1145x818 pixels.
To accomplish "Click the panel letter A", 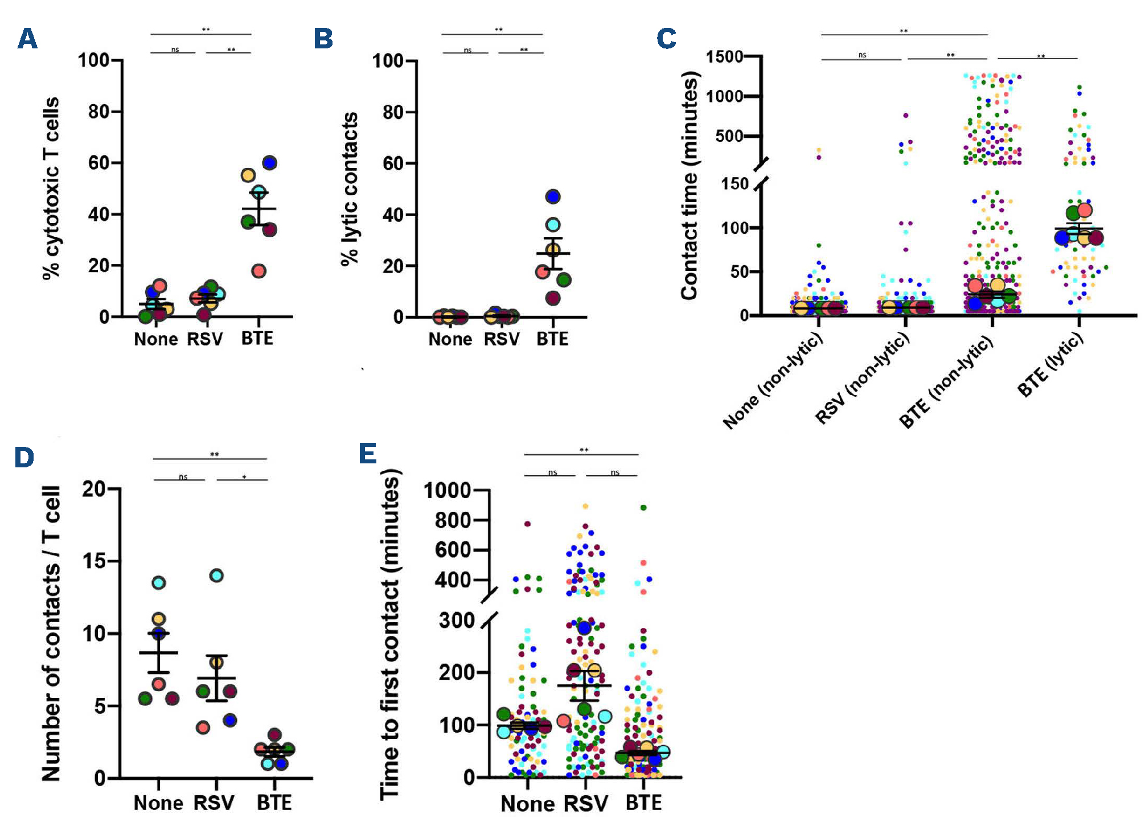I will coord(27,39).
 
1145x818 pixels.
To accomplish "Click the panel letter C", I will coord(666,39).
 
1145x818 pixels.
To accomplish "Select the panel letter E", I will coord(368,454).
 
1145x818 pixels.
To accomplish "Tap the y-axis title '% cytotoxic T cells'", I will coord(51,188).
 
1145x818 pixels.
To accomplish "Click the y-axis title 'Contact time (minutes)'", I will coord(690,186).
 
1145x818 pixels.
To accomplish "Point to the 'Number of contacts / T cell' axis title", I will coord(51,633).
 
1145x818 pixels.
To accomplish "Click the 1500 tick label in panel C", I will coord(724,56).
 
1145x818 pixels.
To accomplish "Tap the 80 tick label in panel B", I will coord(393,112).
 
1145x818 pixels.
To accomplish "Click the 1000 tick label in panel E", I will coord(447,490).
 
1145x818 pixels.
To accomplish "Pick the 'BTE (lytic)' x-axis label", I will coord(1050,364).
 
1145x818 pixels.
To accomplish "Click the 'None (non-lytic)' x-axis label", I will coord(773,380).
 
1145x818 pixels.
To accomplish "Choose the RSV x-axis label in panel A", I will coord(205,339).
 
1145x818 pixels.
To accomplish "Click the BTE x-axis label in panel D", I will coord(274,803).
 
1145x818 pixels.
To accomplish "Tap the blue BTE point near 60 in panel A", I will coord(269,163).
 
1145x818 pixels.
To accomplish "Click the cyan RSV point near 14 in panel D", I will coord(216,576).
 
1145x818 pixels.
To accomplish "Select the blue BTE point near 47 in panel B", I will coord(553,197).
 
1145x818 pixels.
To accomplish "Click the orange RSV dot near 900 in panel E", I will coord(585,506).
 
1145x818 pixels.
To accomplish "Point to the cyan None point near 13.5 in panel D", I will coord(159,583).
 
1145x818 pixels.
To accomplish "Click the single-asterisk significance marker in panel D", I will coord(244,477).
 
